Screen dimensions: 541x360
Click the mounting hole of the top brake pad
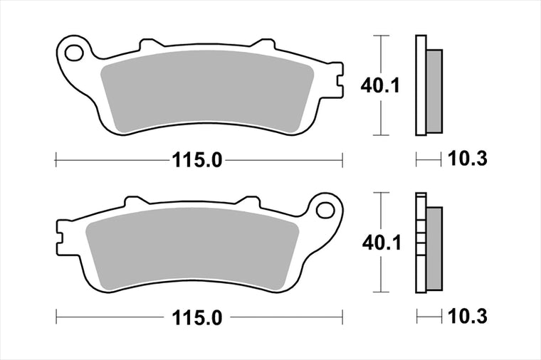click(74, 53)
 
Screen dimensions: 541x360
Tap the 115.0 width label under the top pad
click(197, 160)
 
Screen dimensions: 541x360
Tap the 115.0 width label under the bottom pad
click(197, 317)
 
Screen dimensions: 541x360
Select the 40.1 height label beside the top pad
click(380, 85)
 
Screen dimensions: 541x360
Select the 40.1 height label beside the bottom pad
click(382, 243)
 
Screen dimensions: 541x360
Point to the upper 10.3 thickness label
click(468, 159)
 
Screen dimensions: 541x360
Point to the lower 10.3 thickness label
click(468, 316)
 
